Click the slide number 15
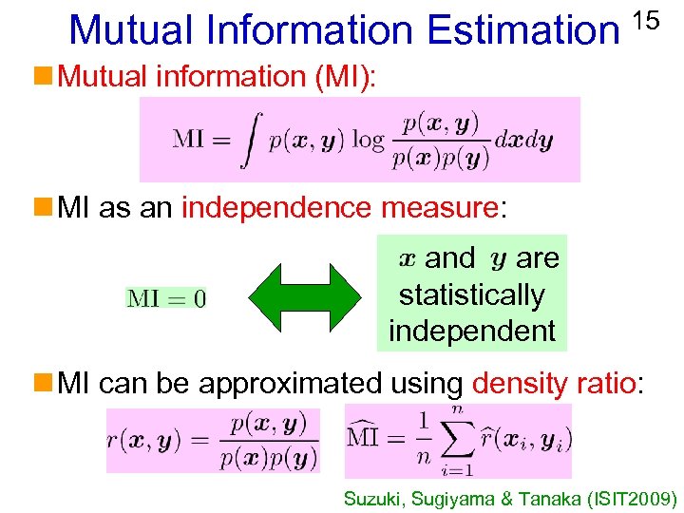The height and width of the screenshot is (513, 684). tap(646, 19)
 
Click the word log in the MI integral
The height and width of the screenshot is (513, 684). tap(368, 140)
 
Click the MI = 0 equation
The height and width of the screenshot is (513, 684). tap(166, 299)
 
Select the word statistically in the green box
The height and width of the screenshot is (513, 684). tap(471, 294)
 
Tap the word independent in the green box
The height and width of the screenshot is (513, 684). tap(471, 331)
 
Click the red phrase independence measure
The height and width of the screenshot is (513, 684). tap(339, 207)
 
